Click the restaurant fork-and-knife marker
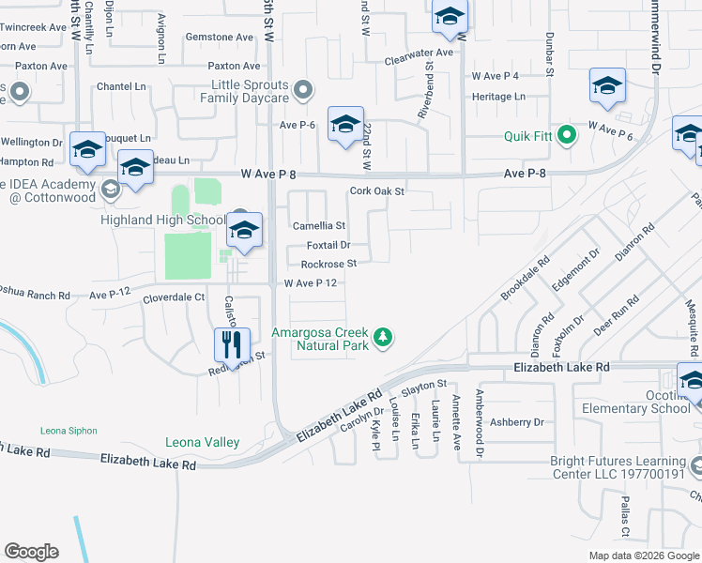point(232,344)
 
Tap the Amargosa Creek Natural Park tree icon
point(382,336)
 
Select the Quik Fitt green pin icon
point(566,135)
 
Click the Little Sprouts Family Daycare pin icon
point(302,90)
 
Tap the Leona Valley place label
point(202,442)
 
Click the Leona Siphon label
point(69,431)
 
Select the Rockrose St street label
point(328,264)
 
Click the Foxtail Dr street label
point(328,245)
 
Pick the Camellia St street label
point(319,226)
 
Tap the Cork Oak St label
point(376,190)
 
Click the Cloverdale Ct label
point(174,297)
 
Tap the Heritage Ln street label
point(498,97)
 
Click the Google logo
point(31,552)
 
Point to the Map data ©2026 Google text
point(643,555)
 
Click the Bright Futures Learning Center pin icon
point(695,464)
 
